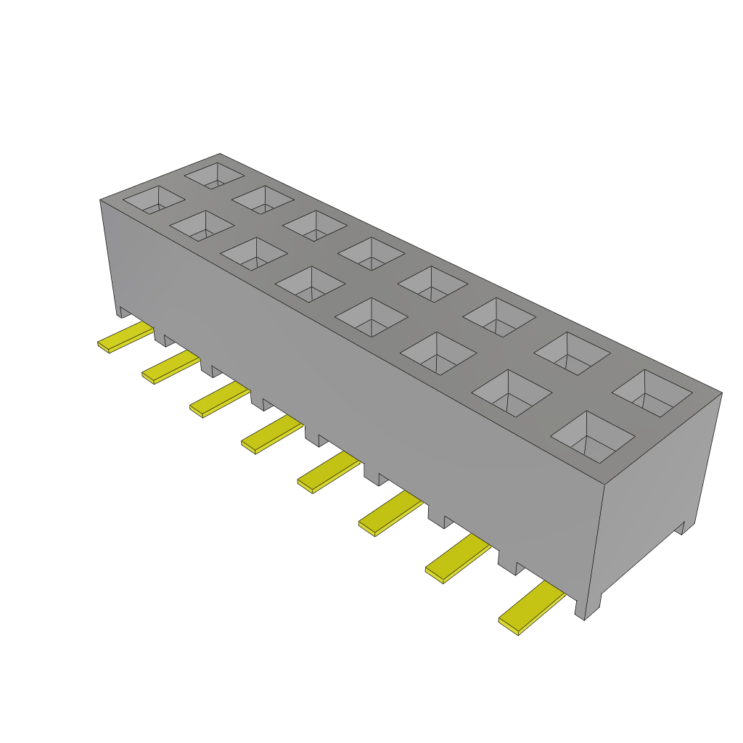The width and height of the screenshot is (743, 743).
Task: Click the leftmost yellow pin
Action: point(125,339)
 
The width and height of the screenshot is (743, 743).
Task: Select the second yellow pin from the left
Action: point(171,369)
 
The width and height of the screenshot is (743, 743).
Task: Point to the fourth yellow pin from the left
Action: point(271,435)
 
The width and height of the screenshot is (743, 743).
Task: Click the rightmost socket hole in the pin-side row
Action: point(593,437)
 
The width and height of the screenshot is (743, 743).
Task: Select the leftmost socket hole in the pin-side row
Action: point(153,200)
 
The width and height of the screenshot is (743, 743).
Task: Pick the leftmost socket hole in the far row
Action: point(214,175)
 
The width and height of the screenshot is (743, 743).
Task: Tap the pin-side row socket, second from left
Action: point(201,226)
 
